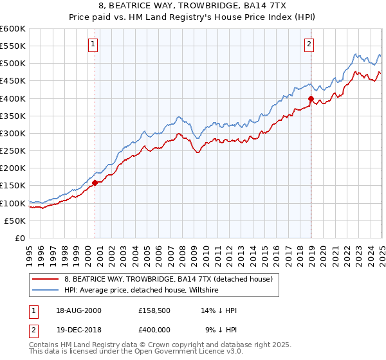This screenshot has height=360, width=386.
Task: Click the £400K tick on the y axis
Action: (13, 98)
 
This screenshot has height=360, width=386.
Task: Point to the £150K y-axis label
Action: (13, 186)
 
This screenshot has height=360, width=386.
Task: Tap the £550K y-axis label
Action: (13, 46)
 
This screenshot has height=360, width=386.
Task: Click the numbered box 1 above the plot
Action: (94, 44)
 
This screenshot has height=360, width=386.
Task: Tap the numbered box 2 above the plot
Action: (309, 44)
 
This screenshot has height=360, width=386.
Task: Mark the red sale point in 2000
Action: (95, 183)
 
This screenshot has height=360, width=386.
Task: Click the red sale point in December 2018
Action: (311, 99)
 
